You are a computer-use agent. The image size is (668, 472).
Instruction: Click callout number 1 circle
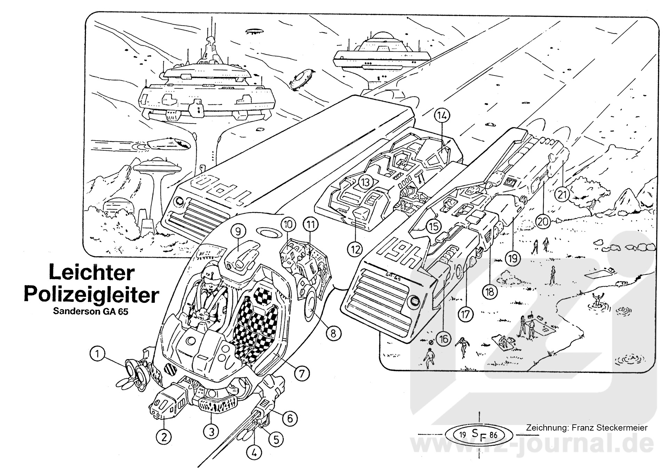tap(98, 354)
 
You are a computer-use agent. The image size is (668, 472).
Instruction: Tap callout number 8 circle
tap(333, 334)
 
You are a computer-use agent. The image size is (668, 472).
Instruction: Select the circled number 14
tap(442, 116)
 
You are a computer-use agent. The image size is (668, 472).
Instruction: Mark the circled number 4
tap(254, 453)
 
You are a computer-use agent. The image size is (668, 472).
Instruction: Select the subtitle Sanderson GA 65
tap(90, 311)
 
